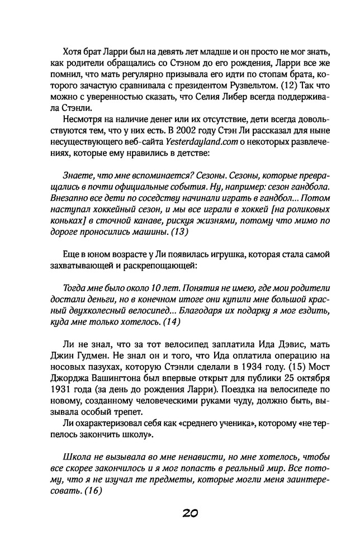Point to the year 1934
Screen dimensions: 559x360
pos(221,371)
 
